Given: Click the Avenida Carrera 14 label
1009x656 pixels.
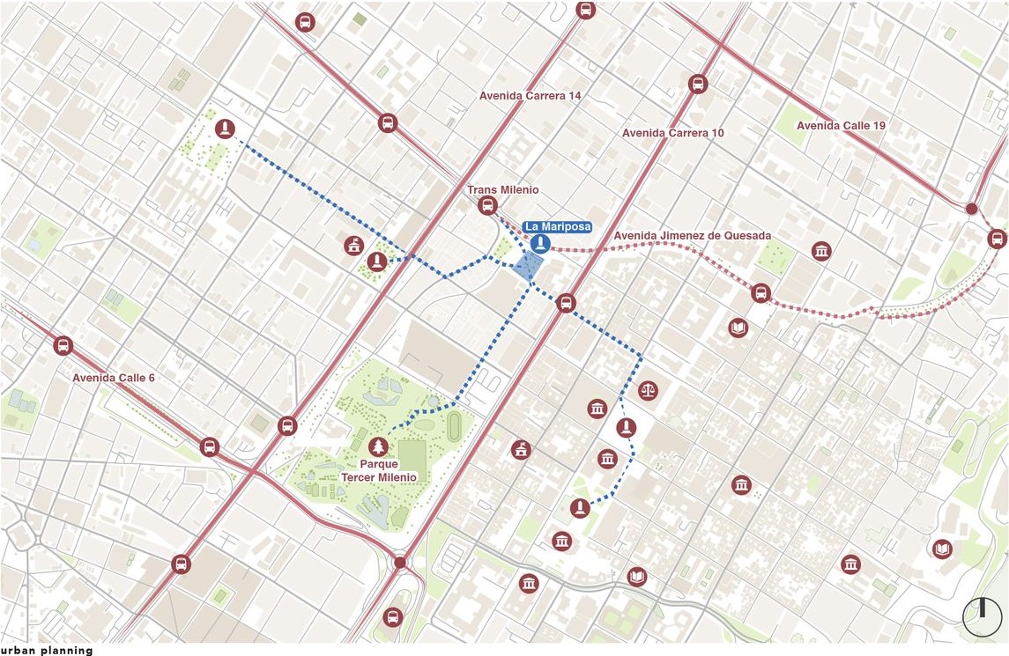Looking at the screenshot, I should [530, 96].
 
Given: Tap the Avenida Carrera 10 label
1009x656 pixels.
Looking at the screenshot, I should [672, 133].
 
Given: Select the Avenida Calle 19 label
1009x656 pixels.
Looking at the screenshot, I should [841, 126].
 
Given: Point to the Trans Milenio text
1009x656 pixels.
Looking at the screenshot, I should [502, 190].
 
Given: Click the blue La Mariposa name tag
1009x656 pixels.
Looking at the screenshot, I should [557, 227].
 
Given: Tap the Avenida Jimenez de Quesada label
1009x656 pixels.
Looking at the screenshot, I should [692, 236].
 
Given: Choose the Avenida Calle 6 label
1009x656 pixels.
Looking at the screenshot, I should [114, 378].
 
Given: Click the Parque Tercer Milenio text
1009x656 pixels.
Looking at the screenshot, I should [379, 470].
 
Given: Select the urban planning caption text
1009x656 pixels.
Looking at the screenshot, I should [47, 651].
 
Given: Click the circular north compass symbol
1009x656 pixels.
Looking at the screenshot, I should [982, 617].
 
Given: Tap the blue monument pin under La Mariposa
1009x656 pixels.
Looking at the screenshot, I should [540, 244].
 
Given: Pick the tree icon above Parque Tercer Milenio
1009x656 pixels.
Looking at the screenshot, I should [379, 446].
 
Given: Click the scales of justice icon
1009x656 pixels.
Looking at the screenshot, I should [649, 388].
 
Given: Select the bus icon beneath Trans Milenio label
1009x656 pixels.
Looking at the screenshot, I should [487, 206].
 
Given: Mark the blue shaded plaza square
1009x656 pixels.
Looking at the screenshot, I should [529, 267].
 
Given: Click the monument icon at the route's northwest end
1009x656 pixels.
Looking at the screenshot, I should [226, 129].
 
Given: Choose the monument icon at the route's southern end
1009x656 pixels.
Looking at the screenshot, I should [579, 508].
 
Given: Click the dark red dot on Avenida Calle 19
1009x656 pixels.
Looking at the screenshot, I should [971, 210].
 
